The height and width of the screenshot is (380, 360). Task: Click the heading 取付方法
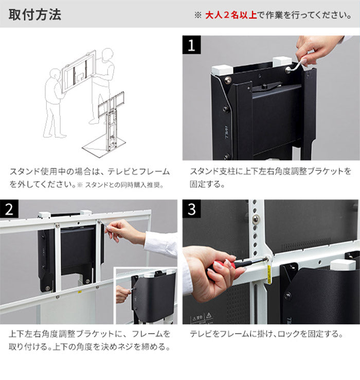35,14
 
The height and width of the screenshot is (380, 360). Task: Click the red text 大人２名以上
230,15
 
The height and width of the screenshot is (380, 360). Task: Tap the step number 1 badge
191,46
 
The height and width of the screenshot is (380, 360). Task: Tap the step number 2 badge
9,210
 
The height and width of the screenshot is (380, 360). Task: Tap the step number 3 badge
191,210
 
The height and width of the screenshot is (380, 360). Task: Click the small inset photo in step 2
146,296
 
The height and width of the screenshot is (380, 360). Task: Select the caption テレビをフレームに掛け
266,334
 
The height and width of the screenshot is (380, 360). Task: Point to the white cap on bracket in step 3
343,265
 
